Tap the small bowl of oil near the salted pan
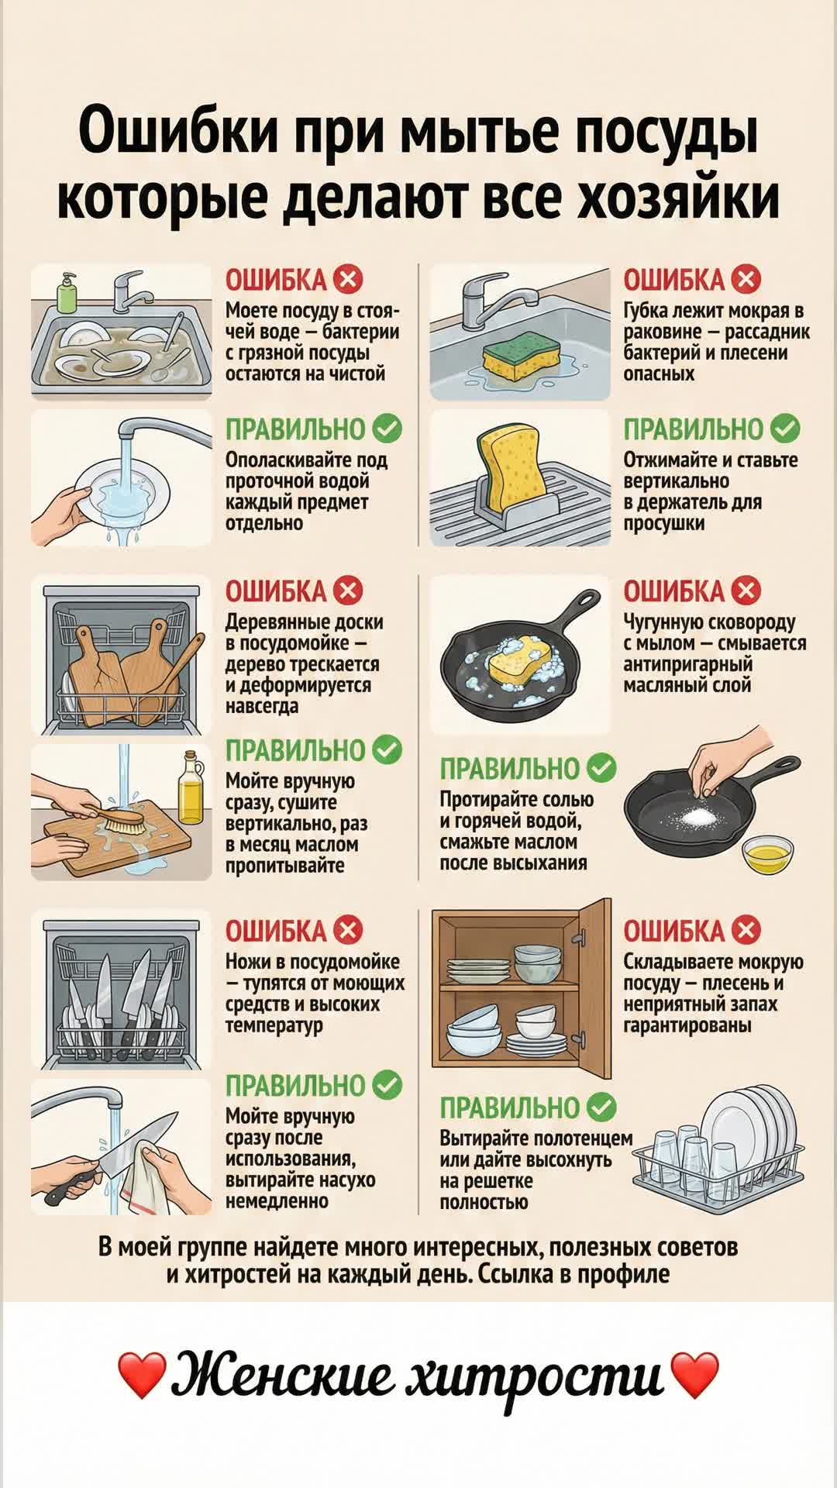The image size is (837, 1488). (x=763, y=853)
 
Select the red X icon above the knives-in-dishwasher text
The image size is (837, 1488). (x=348, y=930)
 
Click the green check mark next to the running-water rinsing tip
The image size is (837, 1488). (x=387, y=428)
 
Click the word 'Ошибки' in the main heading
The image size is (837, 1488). (x=177, y=133)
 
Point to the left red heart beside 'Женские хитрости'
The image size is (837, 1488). (x=142, y=1376)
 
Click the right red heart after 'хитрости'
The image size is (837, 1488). (x=694, y=1376)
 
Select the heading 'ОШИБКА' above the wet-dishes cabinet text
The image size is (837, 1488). (x=673, y=931)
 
